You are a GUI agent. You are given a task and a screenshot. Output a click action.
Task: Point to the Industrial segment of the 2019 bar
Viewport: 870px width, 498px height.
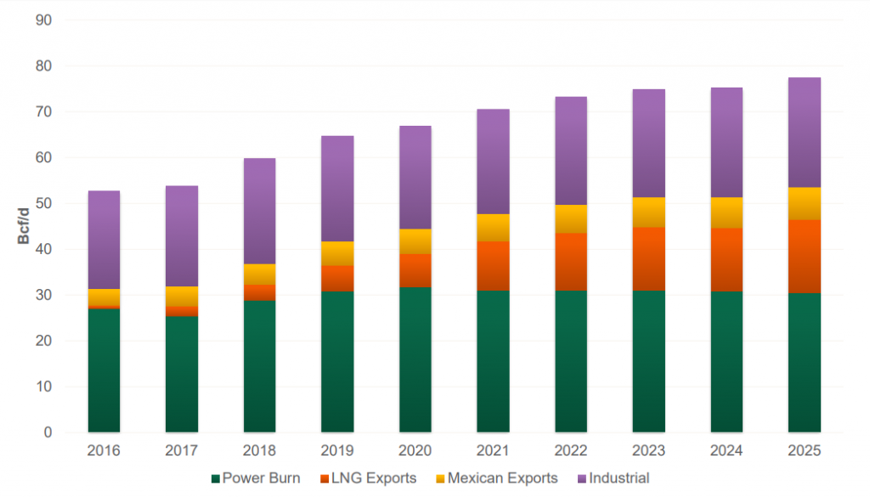(x=337, y=189)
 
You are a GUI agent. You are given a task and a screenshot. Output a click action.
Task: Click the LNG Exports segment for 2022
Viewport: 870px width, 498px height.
(x=571, y=262)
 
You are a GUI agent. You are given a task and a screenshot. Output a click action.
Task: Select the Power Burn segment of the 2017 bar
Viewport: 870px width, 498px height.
(x=182, y=374)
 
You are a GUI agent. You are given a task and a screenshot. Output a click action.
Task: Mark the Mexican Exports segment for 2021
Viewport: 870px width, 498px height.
(x=493, y=228)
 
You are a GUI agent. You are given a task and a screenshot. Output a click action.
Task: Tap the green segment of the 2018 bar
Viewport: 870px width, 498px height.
(x=259, y=366)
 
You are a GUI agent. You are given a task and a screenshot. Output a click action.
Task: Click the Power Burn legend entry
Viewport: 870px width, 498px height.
(x=255, y=478)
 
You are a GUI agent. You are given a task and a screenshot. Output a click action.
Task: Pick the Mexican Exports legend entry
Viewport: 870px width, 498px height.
(x=500, y=478)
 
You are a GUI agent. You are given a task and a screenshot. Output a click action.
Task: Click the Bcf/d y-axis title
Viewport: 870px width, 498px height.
(x=23, y=225)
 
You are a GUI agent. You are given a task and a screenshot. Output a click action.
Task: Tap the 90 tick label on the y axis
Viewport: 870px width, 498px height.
(x=43, y=20)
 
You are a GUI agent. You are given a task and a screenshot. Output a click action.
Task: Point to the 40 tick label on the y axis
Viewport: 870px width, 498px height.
(x=43, y=249)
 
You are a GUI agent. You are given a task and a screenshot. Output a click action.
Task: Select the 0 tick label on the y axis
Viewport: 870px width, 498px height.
(x=48, y=433)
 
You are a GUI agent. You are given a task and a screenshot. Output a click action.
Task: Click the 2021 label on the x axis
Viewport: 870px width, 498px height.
(x=493, y=450)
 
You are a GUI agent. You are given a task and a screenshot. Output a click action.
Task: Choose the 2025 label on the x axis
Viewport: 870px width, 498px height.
(x=804, y=450)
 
